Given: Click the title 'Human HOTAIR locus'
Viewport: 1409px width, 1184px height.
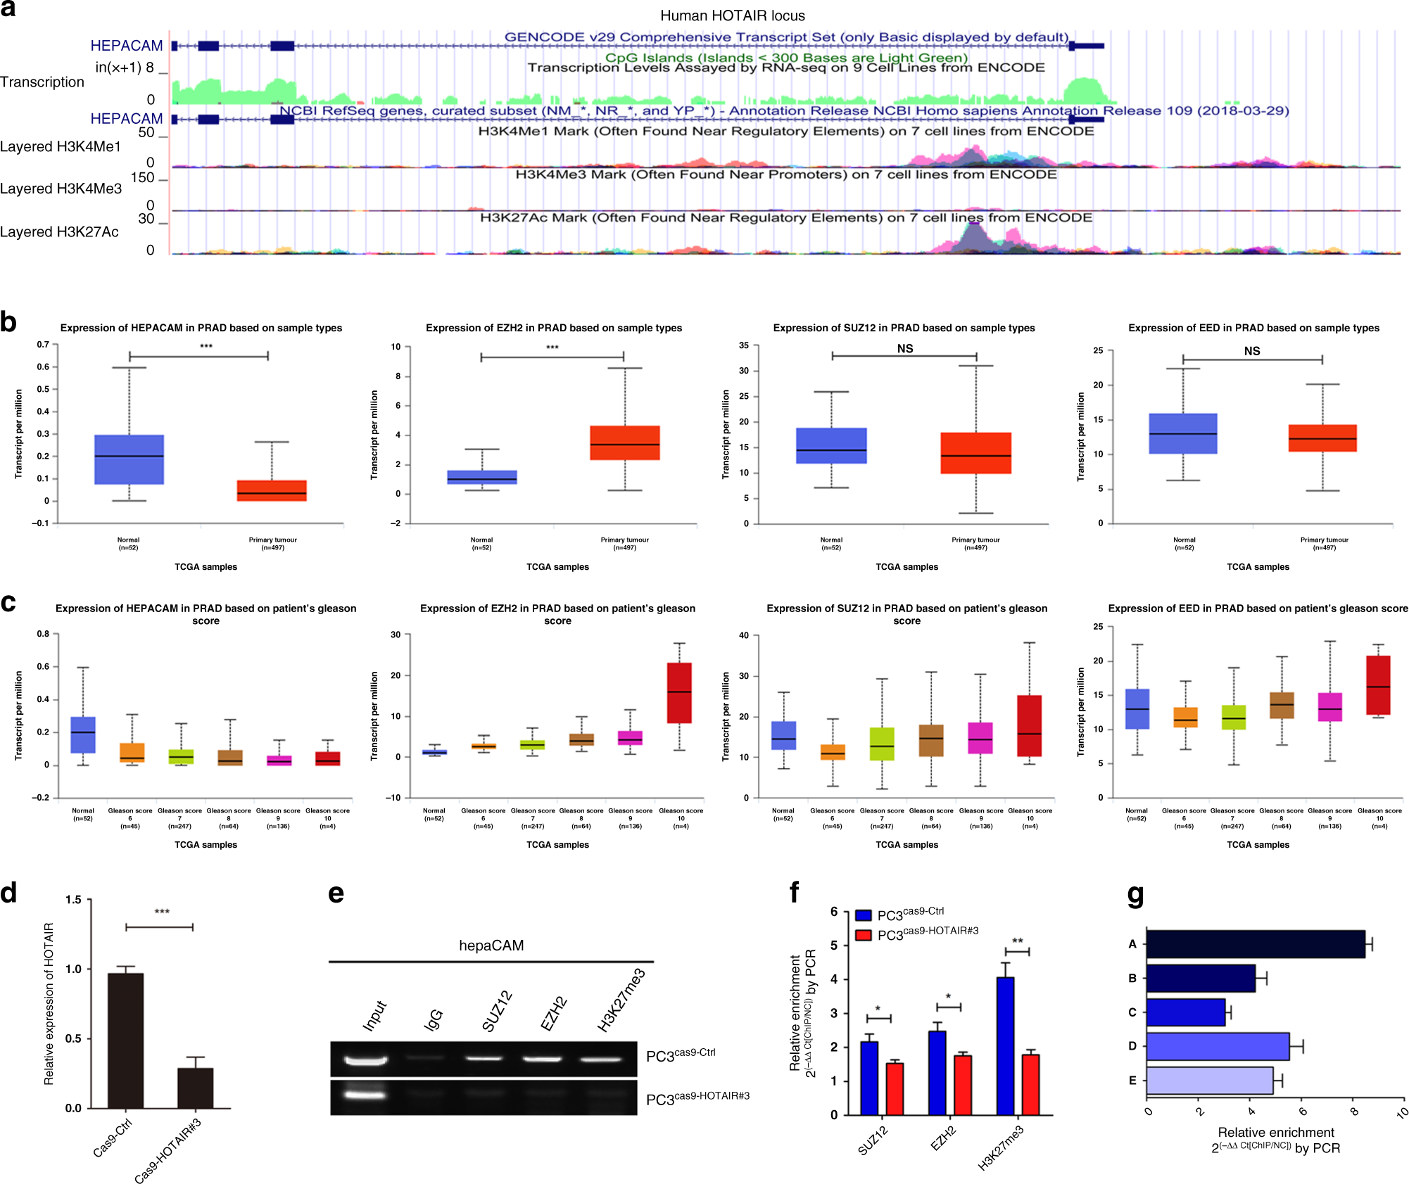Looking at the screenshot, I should coord(732,15).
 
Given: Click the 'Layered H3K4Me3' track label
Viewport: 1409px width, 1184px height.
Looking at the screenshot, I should coord(61,189).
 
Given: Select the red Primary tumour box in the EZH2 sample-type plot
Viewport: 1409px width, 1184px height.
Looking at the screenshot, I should coord(624,443).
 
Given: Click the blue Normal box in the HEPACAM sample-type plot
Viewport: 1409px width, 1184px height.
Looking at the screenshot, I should coord(129,459).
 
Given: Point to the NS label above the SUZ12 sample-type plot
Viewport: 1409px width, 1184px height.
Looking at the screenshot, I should coord(904,348).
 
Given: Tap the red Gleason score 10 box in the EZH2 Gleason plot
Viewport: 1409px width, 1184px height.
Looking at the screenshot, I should coord(679,692).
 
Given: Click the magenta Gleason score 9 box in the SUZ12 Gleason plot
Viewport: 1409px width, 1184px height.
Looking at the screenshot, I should coord(980,738).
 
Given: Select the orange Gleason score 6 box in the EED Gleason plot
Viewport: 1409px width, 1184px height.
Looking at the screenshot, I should coord(1185,717).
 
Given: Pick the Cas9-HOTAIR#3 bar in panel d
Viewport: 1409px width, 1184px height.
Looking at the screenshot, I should coord(195,1088).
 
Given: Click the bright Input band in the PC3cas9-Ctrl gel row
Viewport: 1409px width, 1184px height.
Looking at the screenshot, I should coord(366,1059).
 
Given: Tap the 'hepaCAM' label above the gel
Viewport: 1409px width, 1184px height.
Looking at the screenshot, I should coord(491,946).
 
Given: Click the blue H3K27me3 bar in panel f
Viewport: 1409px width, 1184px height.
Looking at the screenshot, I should coord(1005,1045).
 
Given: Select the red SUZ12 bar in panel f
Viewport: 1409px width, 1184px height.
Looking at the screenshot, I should coord(895,1088).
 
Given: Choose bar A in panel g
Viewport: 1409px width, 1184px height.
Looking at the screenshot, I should coord(1255,944).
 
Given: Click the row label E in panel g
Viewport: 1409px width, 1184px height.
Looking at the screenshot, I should coord(1132,1080).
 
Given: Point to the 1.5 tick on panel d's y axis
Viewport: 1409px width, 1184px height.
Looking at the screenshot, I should coord(73,900).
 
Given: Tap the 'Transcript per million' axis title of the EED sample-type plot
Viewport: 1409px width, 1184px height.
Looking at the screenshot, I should coord(1080,436).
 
